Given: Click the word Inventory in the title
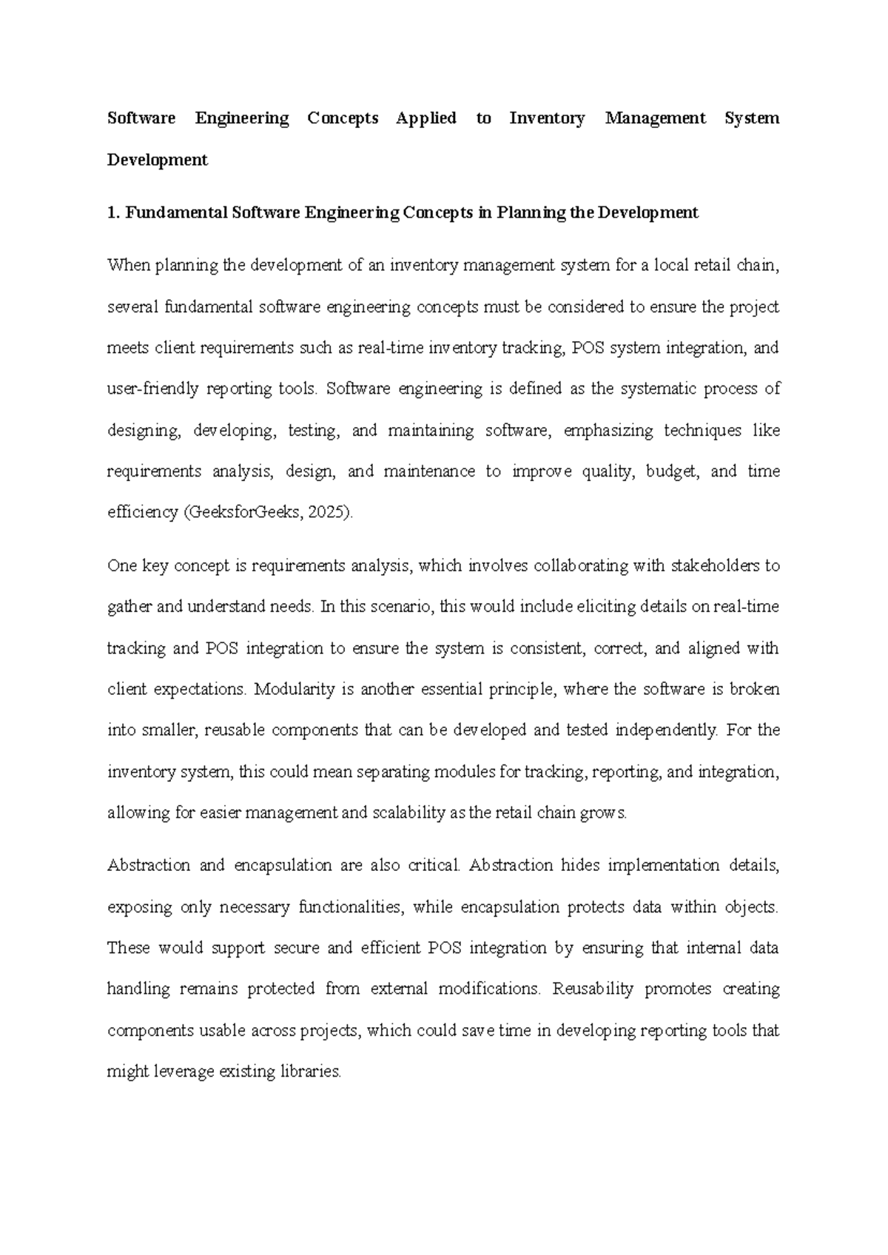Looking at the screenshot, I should tap(547, 118).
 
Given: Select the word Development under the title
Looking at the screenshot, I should tap(158, 160).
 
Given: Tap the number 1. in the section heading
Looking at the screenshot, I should tap(113, 213).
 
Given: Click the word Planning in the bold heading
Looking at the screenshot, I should tap(530, 213).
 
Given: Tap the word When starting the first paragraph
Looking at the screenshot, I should tap(128, 266).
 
